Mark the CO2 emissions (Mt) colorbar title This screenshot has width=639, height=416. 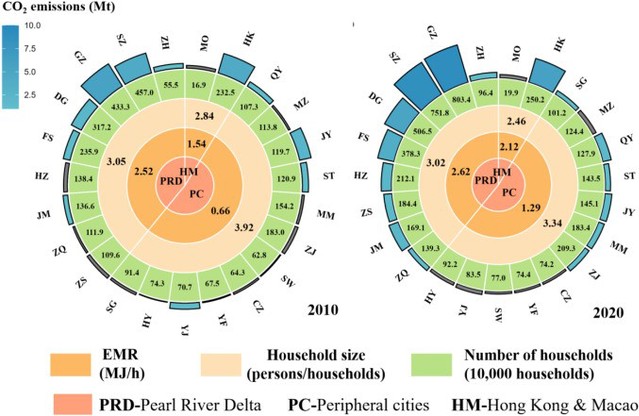pyautogui.click(x=59, y=8)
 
